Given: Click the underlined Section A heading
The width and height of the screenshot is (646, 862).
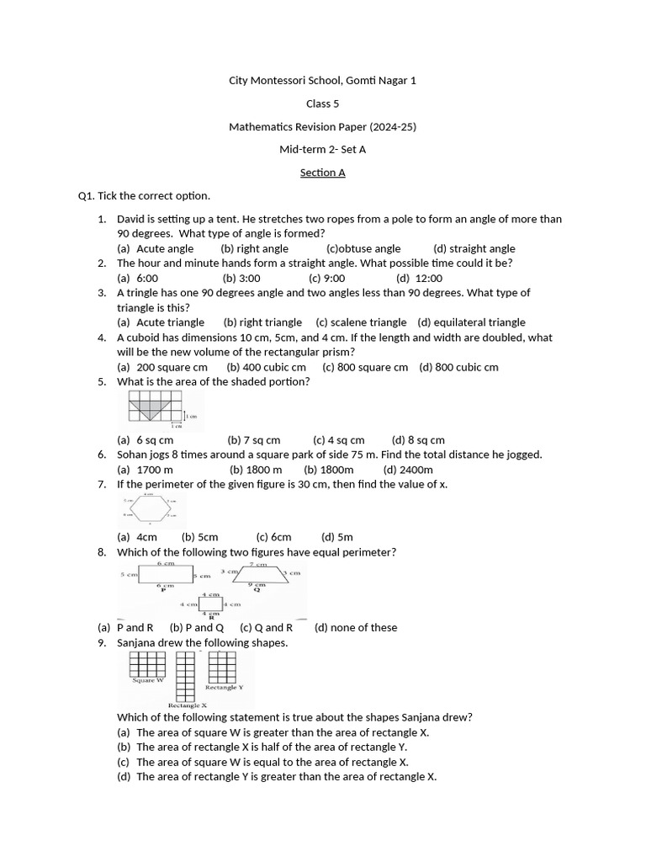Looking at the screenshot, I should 323,173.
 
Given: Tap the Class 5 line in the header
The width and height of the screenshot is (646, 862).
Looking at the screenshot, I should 323,104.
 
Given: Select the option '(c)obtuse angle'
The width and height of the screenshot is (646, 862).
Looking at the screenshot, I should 363,248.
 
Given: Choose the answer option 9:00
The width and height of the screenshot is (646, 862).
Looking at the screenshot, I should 326,278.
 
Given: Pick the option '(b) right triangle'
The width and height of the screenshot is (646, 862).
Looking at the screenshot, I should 262,322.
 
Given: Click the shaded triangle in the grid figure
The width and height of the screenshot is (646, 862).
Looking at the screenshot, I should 151,410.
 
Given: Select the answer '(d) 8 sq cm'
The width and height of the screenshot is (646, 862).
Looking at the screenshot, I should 418,439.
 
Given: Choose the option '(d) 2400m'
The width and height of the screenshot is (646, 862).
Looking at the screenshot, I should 408,470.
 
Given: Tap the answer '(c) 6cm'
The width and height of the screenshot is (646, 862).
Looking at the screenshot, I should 273,537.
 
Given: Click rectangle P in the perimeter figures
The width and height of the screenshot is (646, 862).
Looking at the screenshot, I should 165,574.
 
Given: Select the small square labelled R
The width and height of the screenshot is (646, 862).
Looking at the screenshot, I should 211,604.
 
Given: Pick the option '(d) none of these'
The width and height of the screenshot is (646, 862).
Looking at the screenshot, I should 356,627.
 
